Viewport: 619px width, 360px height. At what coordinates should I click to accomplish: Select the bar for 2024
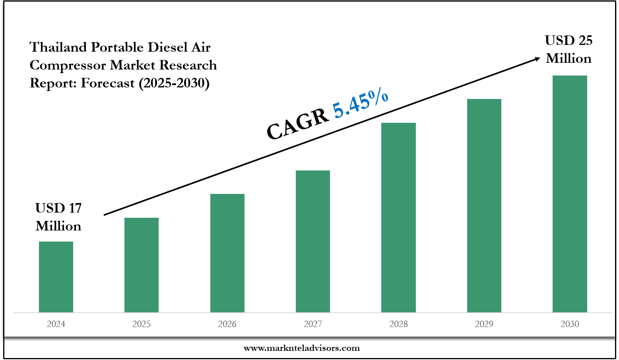[x=56, y=277]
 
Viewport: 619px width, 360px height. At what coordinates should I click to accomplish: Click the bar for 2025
[x=142, y=265]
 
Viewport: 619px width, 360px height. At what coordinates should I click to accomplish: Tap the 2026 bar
[x=227, y=253]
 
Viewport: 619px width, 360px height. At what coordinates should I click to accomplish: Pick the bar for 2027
[x=313, y=241]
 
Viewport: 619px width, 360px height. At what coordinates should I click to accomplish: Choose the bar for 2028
[x=398, y=217]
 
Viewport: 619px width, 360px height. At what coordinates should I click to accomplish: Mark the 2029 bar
[x=484, y=205]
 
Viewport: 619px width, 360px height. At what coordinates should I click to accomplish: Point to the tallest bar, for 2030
[x=570, y=194]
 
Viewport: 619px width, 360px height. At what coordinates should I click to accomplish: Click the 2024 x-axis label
[x=56, y=324]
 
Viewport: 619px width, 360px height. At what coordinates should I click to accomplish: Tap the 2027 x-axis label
[x=313, y=324]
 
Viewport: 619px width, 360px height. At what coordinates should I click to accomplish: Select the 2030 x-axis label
[x=570, y=324]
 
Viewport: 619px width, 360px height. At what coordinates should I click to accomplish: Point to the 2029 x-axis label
[x=484, y=324]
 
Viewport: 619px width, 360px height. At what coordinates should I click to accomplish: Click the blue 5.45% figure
[x=360, y=103]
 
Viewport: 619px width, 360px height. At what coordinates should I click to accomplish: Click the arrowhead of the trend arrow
[x=537, y=59]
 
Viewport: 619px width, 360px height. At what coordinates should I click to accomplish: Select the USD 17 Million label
[x=58, y=217]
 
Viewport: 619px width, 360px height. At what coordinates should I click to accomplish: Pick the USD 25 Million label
[x=569, y=49]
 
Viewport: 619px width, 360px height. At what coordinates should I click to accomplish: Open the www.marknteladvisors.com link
[x=301, y=348]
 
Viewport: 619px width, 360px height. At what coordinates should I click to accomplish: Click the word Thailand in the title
[x=58, y=47]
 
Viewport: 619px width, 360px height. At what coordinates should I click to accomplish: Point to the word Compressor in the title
[x=68, y=65]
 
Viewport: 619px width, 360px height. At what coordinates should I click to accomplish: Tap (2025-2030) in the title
[x=174, y=83]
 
